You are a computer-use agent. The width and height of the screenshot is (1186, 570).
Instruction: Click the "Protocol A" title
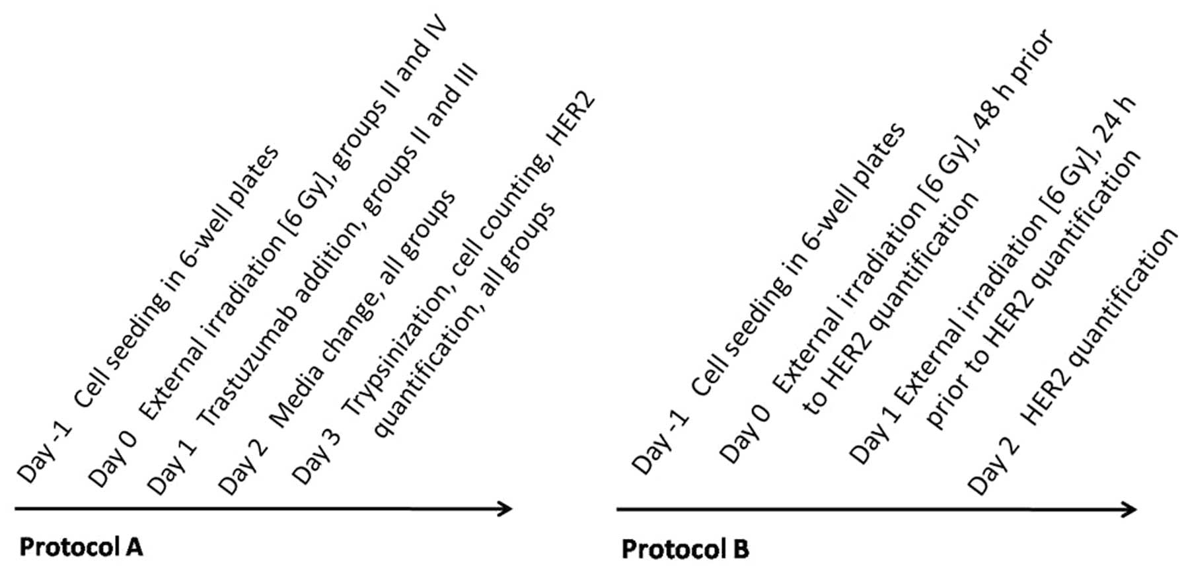click(81, 548)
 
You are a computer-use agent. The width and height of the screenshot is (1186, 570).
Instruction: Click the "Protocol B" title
click(685, 549)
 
